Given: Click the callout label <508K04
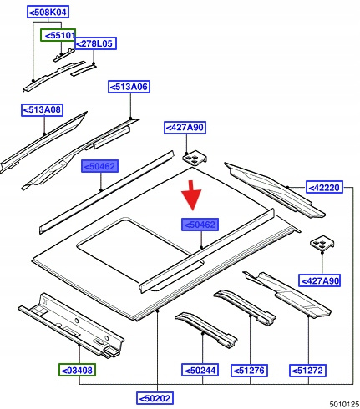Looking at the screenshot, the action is click(x=48, y=13).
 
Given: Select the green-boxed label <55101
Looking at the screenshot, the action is click(x=58, y=35).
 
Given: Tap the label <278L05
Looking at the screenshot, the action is click(x=95, y=43).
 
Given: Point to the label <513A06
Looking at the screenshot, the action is click(x=129, y=87).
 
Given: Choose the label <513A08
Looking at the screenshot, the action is click(x=42, y=110).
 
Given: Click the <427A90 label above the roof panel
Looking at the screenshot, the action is click(x=185, y=128).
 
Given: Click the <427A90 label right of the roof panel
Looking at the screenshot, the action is click(x=319, y=280).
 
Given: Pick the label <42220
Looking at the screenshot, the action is click(x=324, y=188).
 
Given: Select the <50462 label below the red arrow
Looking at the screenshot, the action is click(x=200, y=225).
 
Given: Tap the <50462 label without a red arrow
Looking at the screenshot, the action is click(x=99, y=166).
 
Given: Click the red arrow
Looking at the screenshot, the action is click(x=191, y=195).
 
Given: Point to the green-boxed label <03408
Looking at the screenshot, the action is click(x=77, y=370).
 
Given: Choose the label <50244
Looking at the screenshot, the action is click(x=200, y=371).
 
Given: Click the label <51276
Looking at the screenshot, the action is click(x=249, y=371).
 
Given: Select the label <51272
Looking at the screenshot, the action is click(x=307, y=371).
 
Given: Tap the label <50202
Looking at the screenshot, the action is click(x=155, y=398).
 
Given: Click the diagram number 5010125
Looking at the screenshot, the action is click(x=344, y=404).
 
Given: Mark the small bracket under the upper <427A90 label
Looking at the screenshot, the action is click(x=195, y=159).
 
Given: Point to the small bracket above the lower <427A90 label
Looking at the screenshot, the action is click(x=322, y=244).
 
